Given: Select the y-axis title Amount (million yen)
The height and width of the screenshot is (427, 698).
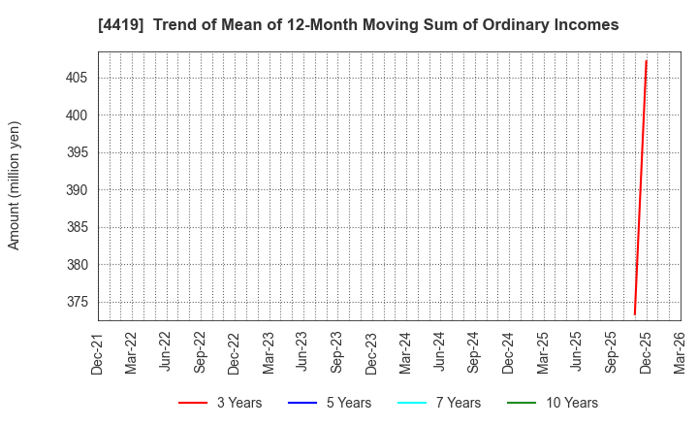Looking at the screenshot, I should pyautogui.click(x=15, y=185).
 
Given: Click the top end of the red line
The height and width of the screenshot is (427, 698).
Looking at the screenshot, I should pyautogui.click(x=647, y=61).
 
